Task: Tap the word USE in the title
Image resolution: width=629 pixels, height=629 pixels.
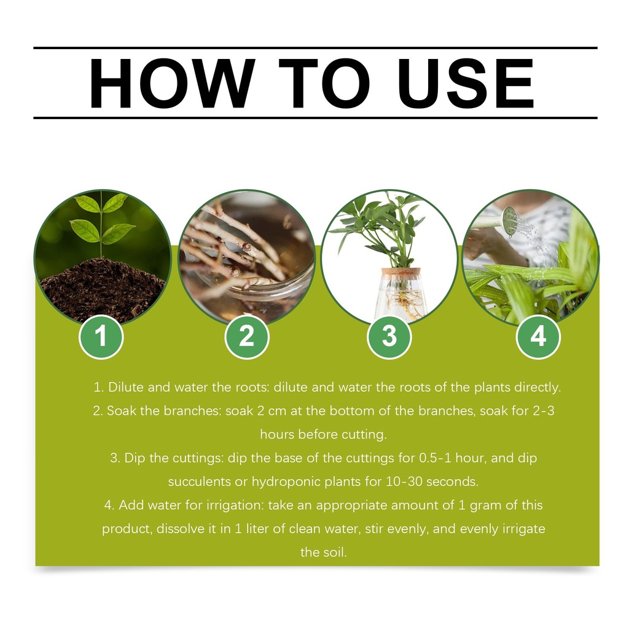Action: click(x=466, y=83)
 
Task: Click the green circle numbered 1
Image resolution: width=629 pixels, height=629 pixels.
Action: click(x=101, y=336)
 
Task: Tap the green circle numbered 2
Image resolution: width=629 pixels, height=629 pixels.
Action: click(x=247, y=336)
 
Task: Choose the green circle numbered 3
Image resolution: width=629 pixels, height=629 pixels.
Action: click(x=389, y=336)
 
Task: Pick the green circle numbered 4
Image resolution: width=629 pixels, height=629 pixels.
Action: click(x=538, y=336)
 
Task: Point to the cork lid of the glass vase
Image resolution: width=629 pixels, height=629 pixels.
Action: click(x=400, y=272)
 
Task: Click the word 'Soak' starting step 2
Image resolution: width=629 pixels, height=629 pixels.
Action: click(x=122, y=411)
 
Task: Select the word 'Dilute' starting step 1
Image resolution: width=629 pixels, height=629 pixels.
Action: click(x=126, y=387)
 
